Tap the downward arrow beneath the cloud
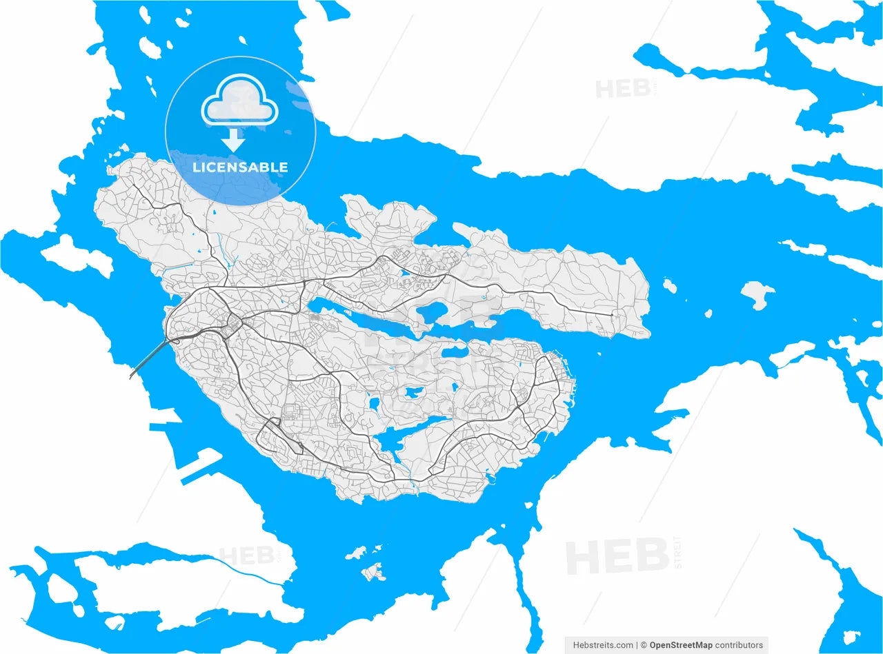234,141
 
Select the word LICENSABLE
240,167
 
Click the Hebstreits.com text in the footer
603,645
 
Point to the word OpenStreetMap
681,645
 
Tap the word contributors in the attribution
739,645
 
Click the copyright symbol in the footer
644,645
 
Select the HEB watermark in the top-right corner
621,89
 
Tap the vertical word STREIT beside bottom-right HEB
677,552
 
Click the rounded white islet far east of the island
757,295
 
